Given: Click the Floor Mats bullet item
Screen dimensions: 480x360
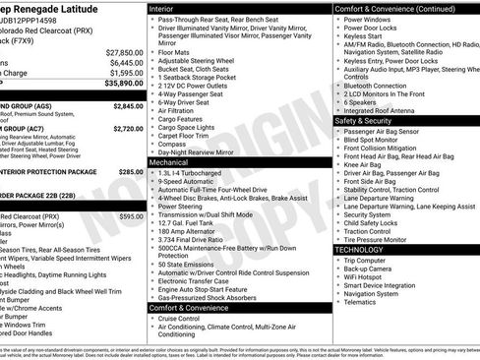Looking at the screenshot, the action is [175, 49].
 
